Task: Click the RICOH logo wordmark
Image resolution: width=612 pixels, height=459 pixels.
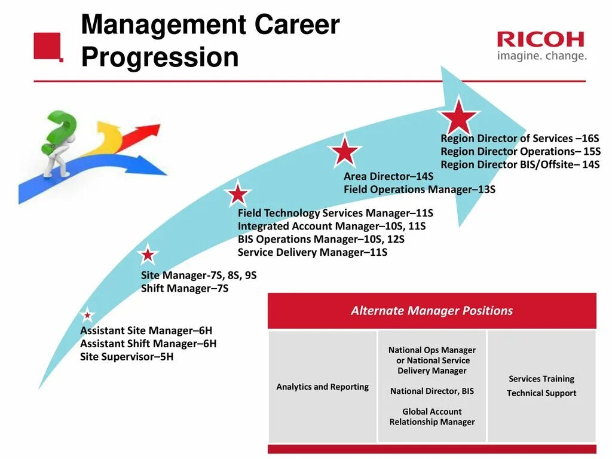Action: pos(540,39)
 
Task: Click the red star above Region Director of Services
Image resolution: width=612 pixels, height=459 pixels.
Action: pos(458,116)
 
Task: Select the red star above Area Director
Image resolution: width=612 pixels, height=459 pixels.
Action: pos(345,151)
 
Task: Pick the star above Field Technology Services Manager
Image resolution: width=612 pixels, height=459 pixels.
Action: pos(238,194)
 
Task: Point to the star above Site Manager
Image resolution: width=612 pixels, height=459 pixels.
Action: pos(148,255)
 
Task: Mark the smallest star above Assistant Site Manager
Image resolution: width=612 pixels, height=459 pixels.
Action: pos(87,315)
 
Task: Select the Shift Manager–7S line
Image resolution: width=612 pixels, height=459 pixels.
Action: pos(185,289)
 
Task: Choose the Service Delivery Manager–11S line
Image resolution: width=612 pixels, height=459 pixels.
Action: pos(313,252)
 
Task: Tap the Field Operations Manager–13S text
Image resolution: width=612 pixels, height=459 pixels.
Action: pos(419,189)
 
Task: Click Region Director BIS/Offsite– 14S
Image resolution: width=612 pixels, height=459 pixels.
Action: pos(520,164)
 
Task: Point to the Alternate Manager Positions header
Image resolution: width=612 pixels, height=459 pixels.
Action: pos(432,311)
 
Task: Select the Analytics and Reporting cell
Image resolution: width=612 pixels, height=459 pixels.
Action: pos(323,387)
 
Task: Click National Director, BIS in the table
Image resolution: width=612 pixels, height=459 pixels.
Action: pos(432,391)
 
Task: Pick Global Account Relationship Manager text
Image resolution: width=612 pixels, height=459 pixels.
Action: pos(432,417)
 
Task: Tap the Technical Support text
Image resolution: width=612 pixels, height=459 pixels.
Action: pos(541,393)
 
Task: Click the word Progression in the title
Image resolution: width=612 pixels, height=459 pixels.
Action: pos(160,57)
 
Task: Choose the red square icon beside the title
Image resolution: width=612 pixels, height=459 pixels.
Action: pos(48,46)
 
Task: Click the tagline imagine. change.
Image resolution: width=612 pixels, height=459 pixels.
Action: pos(541,56)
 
